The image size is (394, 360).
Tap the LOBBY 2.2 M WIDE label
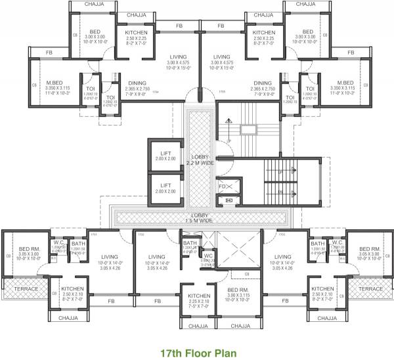(197, 160)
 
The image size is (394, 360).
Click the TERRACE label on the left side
(21, 288)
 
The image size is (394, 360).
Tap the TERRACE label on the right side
(371, 288)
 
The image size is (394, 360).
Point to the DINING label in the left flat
(137, 83)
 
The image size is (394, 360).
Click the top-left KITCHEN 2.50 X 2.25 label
(137, 35)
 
